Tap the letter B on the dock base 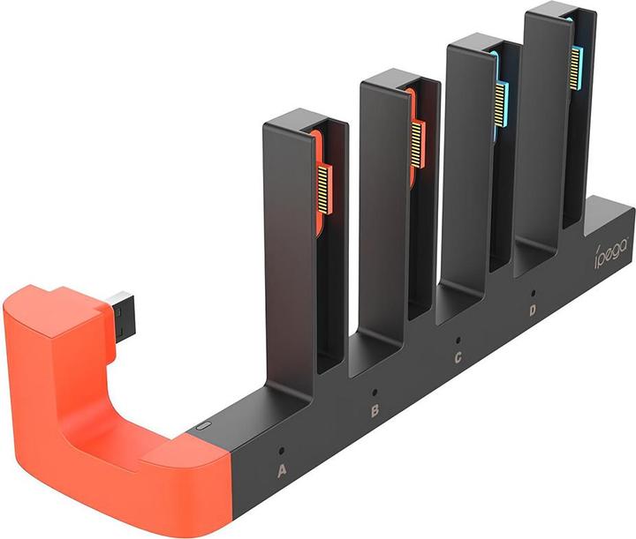pyautogui.click(x=375, y=411)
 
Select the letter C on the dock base pyautogui.click(x=457, y=357)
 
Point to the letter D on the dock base pyautogui.click(x=532, y=310)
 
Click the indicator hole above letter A pyautogui.click(x=283, y=447)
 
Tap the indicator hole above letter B pyautogui.click(x=375, y=390)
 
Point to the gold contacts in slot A pyautogui.click(x=324, y=186)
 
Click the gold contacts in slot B pyautogui.click(x=418, y=141)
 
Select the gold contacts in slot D pyautogui.click(x=575, y=67)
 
